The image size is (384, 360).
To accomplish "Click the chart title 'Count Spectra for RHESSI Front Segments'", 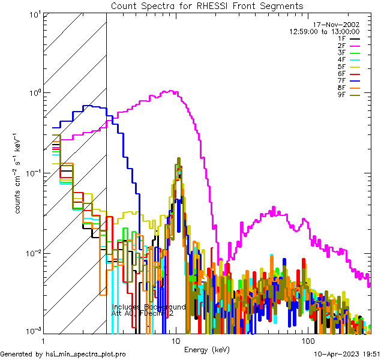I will point(206,5).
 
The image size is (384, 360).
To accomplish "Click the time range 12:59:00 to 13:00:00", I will point(325,32).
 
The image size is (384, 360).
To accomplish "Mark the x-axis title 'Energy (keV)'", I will point(206,349).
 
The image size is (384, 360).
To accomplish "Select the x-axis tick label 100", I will point(308,340).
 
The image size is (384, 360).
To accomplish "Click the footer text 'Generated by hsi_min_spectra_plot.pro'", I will point(63,354).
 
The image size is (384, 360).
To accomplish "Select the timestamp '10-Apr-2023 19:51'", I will point(347,354).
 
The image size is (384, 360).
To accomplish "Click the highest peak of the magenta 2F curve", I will point(172,91).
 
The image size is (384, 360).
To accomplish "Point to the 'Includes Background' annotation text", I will point(149,307).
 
